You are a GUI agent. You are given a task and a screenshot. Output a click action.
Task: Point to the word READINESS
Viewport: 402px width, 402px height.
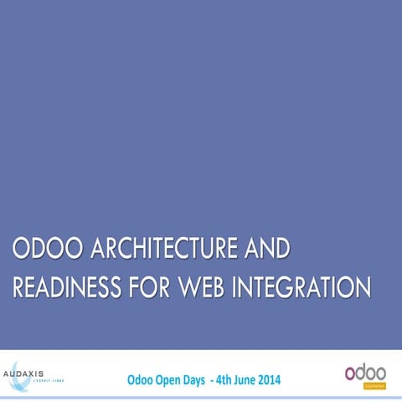pos(67,287)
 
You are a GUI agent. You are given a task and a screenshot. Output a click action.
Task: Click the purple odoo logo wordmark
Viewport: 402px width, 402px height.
pos(365,373)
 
